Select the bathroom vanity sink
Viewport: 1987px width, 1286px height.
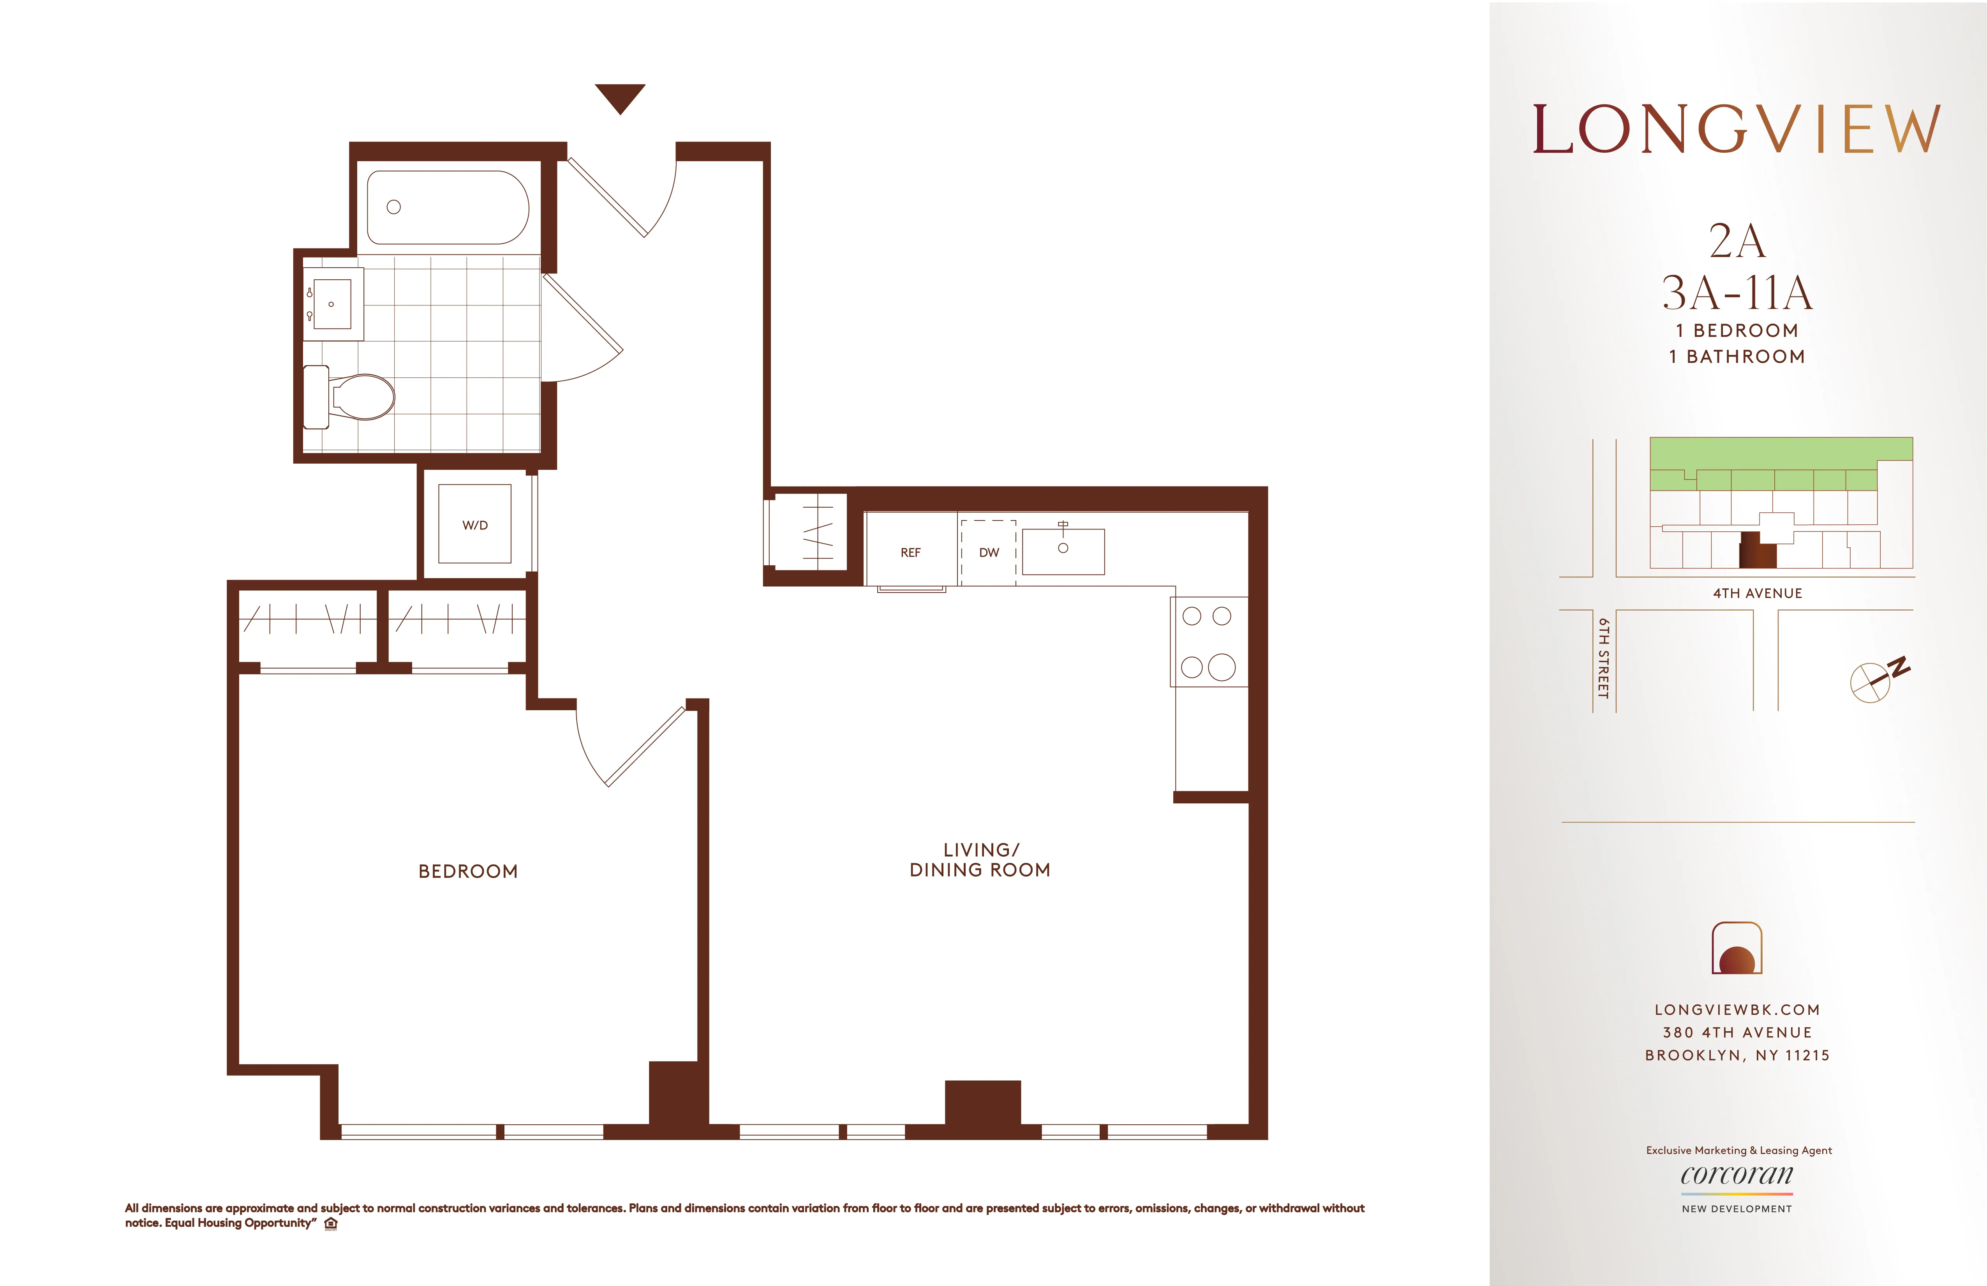point(332,304)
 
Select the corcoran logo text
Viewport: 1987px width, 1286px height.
point(1737,1175)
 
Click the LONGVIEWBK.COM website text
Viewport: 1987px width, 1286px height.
point(1737,1009)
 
